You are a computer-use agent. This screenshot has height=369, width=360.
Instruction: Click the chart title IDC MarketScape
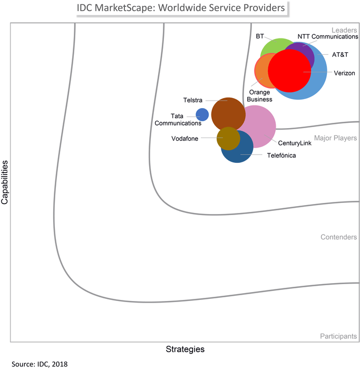click(181, 8)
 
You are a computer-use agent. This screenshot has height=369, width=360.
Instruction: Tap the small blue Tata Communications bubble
click(202, 114)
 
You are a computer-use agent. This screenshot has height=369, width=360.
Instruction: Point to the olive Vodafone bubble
click(228, 139)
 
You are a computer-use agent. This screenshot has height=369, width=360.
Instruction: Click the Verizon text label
click(344, 72)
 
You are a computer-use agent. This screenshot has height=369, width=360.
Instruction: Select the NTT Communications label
click(328, 37)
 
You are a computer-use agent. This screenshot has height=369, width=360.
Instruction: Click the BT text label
click(260, 36)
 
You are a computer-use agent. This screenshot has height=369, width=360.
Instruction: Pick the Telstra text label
click(193, 100)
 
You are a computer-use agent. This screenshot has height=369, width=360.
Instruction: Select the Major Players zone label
click(336, 138)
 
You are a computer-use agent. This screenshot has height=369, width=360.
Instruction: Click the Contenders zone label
click(338, 237)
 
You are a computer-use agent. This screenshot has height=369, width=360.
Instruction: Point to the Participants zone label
click(338, 336)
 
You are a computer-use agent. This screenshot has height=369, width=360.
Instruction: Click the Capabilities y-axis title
click(5, 183)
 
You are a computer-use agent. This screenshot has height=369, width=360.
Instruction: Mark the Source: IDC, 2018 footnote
click(40, 364)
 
